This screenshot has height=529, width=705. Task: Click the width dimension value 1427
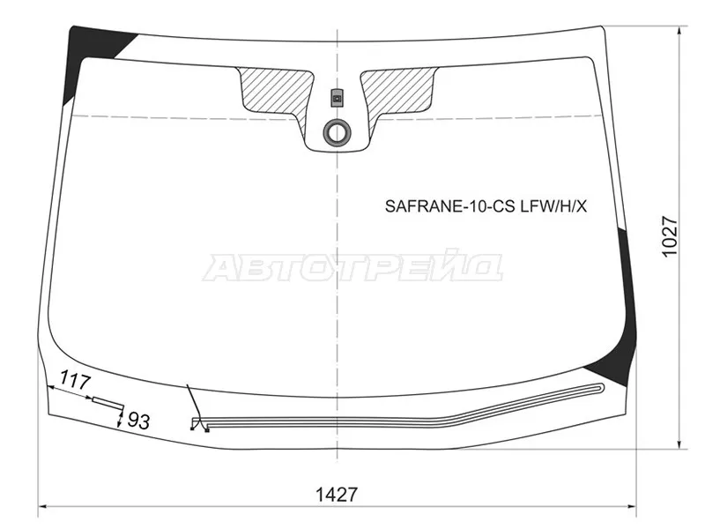pyautogui.click(x=337, y=495)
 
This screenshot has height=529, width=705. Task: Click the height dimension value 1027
pyautogui.click(x=670, y=236)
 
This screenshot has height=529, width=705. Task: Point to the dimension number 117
pyautogui.click(x=76, y=381)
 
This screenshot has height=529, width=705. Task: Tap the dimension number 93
pyautogui.click(x=138, y=421)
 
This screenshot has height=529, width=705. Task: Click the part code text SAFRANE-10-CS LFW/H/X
pyautogui.click(x=486, y=206)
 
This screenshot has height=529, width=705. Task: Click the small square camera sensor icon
pyautogui.click(x=337, y=98)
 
